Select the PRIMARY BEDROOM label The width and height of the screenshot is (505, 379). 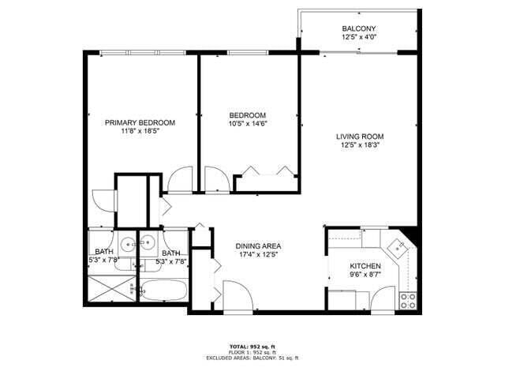coord(140,122)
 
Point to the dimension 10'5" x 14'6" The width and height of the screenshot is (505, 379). coord(248,123)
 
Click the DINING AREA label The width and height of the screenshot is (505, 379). coord(259,246)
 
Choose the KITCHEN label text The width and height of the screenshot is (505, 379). coord(365,267)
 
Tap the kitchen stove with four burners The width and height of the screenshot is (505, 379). coord(408,300)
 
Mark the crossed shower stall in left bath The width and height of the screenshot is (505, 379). coord(110,291)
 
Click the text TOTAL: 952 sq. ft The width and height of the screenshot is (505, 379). coord(252,347)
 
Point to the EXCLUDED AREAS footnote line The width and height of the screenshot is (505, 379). coord(252,358)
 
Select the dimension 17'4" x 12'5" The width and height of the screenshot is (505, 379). coord(259,255)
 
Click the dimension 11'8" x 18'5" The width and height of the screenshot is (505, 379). coord(140,132)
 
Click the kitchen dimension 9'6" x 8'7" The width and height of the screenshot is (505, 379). coord(365,276)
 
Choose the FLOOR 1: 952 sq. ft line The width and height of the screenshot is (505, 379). coord(252,352)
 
